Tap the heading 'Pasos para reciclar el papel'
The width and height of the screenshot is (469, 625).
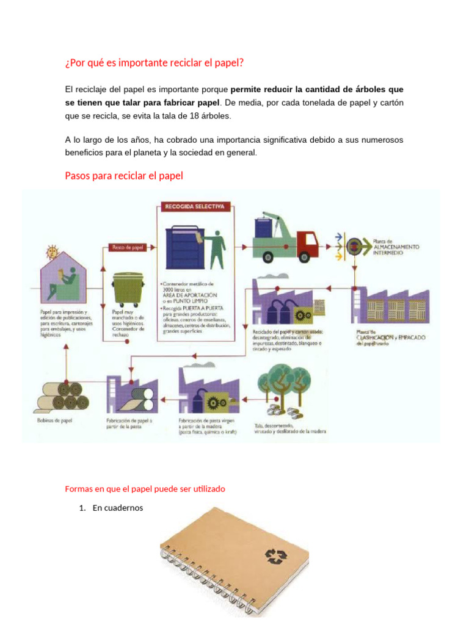click(x=123, y=176)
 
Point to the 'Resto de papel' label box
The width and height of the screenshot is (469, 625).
click(x=126, y=247)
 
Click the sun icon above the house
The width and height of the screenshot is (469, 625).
click(x=52, y=251)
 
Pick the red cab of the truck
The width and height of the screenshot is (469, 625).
click(x=307, y=242)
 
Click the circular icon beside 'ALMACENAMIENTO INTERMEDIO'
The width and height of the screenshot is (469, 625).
click(x=354, y=246)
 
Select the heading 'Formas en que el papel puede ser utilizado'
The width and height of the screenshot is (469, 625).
click(x=145, y=489)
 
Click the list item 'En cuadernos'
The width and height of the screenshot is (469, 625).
click(x=117, y=507)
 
